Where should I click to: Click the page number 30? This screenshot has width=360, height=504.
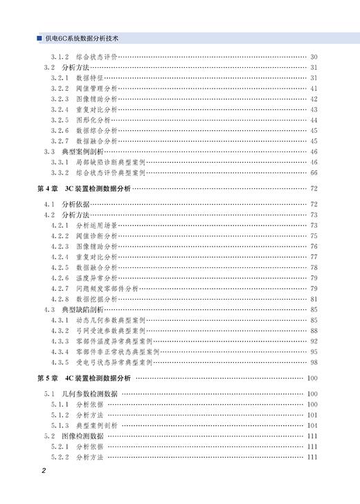pos(313,56)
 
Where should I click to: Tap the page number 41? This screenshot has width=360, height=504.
pos(313,88)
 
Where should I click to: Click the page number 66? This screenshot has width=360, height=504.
pos(313,172)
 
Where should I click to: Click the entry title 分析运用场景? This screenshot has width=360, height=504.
pos(96,225)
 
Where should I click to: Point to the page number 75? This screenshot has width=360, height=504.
pos(313,235)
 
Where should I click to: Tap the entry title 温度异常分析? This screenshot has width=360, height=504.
pos(96,278)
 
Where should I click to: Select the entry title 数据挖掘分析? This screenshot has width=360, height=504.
pos(96,299)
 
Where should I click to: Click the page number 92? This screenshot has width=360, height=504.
pos(313,341)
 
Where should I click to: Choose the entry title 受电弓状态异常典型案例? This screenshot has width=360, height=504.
pos(116,362)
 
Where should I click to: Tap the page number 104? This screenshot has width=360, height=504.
pos(312,425)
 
